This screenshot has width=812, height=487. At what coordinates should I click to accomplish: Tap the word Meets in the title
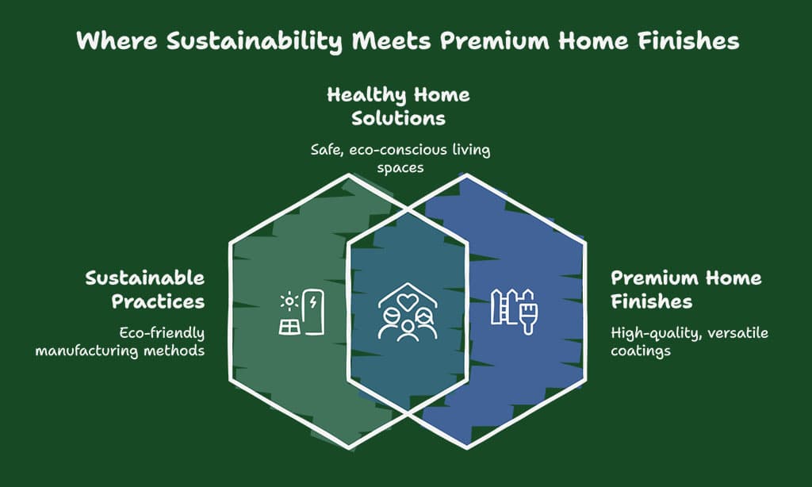point(391,41)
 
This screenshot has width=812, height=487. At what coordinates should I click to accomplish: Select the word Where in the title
point(117,41)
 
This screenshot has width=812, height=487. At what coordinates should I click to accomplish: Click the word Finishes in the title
point(688,41)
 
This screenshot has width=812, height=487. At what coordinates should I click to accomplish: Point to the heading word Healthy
point(366,96)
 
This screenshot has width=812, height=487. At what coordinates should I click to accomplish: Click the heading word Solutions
point(398,118)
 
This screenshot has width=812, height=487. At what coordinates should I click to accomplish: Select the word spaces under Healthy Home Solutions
point(400,169)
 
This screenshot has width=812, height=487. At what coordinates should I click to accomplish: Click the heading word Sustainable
point(145,278)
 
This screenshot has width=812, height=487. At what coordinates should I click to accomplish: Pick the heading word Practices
point(158,301)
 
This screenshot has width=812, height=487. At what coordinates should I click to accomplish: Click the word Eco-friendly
point(162,333)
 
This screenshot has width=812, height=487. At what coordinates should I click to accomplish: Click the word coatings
point(641,351)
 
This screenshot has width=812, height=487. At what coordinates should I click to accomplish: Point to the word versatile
point(738,332)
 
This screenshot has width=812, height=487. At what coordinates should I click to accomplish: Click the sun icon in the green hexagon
point(289,302)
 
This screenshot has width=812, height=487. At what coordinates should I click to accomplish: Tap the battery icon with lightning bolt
point(313,312)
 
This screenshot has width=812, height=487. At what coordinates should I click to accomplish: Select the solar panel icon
point(289,328)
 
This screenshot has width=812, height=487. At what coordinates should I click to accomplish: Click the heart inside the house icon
point(408,302)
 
